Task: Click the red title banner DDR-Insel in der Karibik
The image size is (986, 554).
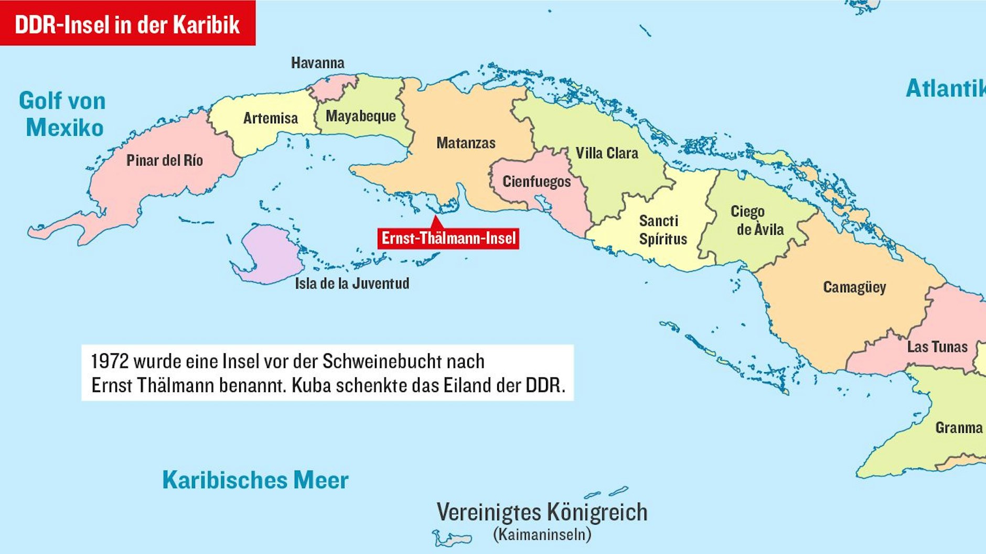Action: pos(127,24)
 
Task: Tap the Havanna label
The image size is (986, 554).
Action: pos(317,63)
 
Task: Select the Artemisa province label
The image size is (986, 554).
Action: pos(270,118)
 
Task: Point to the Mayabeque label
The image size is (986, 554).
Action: pos(361,116)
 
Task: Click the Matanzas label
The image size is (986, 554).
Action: pos(466,143)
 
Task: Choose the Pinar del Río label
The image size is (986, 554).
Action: pos(164,160)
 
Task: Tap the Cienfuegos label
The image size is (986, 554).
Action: pos(536,181)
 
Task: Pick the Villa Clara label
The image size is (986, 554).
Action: pos(607,153)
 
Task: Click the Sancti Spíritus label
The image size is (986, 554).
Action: pos(662,230)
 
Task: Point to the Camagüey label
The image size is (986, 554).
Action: pos(854,287)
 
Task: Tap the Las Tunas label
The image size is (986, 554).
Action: pos(937,346)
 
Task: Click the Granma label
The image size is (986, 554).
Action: pos(959,428)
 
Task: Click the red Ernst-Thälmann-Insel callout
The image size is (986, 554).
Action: pos(448,238)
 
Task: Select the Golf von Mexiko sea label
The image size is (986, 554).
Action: pos(63,114)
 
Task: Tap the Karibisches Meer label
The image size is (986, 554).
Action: pos(255,480)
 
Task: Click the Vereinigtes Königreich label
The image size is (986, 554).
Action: pos(542,512)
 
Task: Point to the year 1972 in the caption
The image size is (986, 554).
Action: pos(110,361)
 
